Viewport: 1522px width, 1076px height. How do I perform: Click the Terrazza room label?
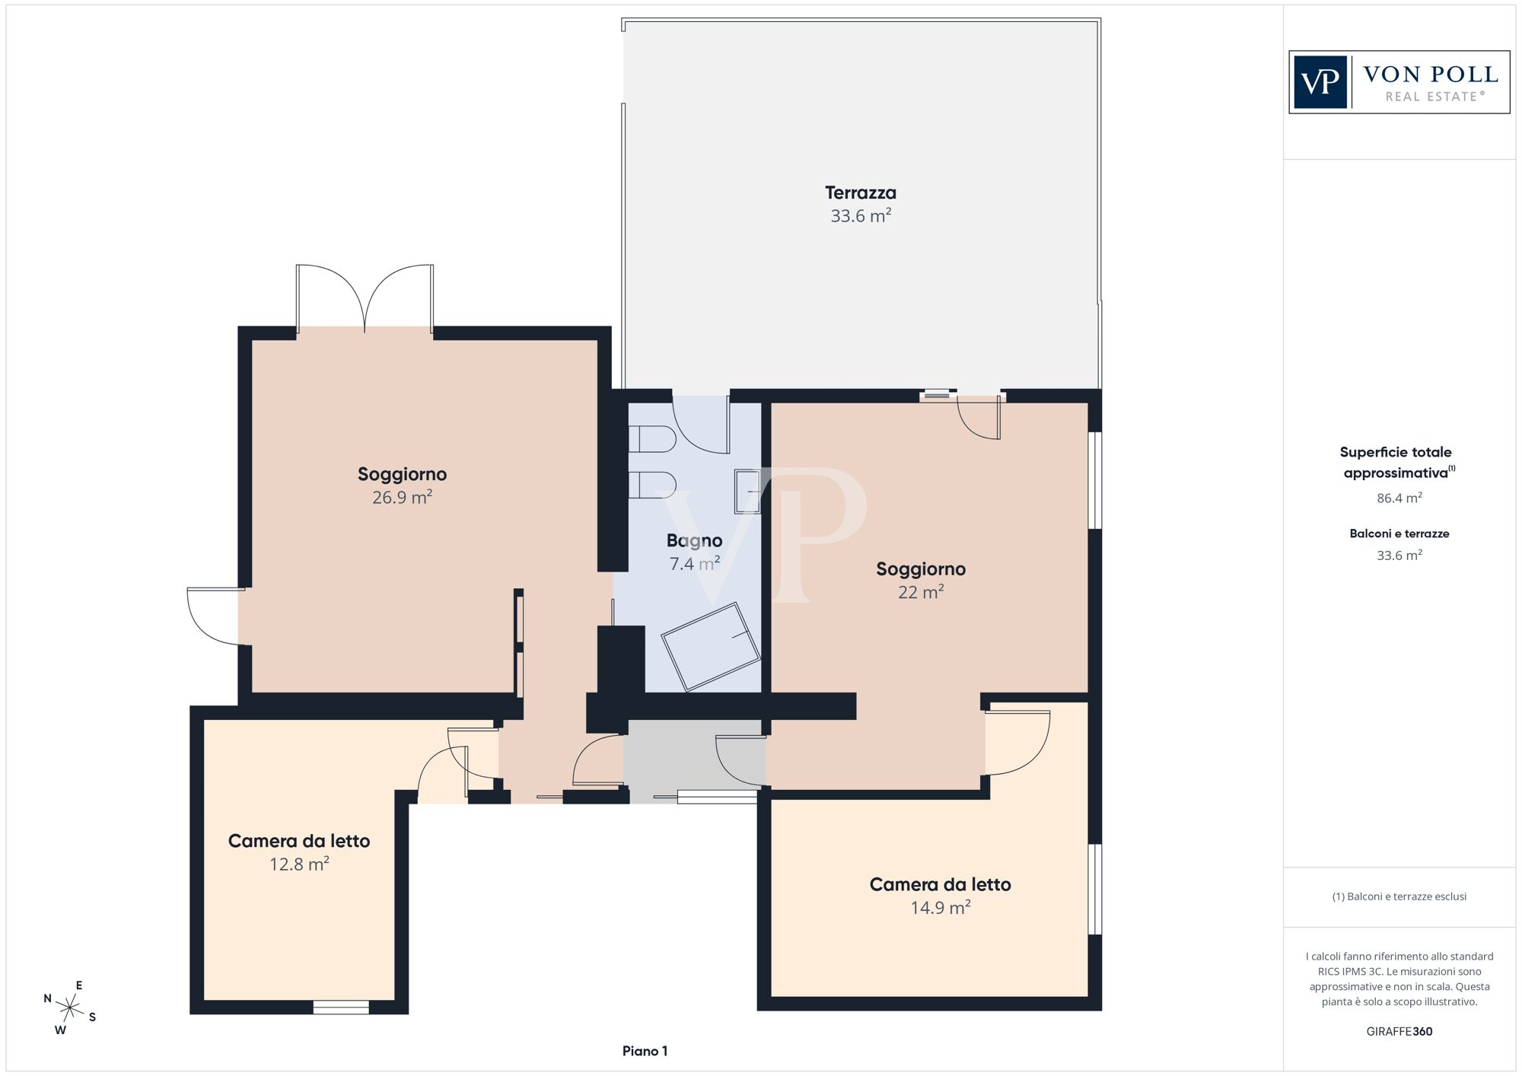click(x=861, y=193)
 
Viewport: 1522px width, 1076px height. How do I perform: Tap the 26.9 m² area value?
click(x=402, y=498)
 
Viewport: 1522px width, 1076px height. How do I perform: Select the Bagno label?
click(x=694, y=541)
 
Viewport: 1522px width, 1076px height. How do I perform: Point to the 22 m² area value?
click(x=921, y=592)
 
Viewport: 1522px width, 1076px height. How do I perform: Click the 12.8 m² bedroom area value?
click(x=299, y=864)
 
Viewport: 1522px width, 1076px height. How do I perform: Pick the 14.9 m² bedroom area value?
click(x=941, y=908)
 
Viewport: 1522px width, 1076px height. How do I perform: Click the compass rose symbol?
click(x=70, y=1009)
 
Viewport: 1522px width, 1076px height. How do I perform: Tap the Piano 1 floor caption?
click(x=645, y=1051)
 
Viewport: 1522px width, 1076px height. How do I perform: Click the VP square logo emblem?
click(x=1320, y=82)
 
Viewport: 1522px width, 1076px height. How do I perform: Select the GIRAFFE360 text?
click(x=1399, y=1032)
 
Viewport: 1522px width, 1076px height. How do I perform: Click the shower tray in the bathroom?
click(x=711, y=647)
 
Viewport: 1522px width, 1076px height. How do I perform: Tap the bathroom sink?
click(x=747, y=492)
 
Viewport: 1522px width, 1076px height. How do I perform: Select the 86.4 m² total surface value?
click(x=1399, y=498)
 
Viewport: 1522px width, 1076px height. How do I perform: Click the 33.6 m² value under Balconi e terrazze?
click(x=1399, y=556)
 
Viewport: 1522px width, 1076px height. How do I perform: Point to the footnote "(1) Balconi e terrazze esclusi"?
click(x=1399, y=896)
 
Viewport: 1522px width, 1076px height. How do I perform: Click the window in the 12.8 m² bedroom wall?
click(x=341, y=1008)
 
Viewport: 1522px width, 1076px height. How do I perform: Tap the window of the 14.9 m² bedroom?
click(x=1094, y=889)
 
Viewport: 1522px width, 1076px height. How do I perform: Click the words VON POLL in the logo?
click(x=1431, y=75)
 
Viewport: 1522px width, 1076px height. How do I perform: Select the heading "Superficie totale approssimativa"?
click(x=1397, y=462)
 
